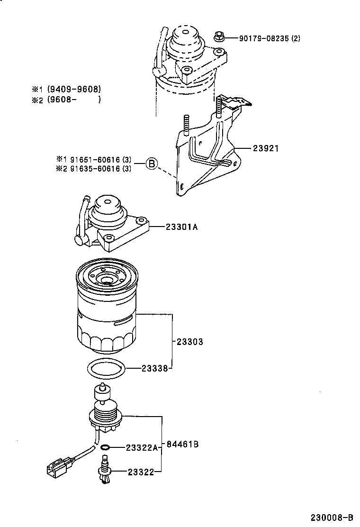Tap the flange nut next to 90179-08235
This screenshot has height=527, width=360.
click(220, 36)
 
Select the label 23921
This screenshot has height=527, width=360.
click(265, 148)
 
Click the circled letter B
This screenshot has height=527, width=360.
click(151, 164)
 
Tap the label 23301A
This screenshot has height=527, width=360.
click(181, 227)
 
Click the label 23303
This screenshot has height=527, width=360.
click(189, 341)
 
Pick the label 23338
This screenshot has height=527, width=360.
click(154, 368)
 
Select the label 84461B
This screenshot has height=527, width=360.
click(182, 444)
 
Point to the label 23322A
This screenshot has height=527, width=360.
click(142, 447)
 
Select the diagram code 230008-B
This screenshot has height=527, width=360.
click(332, 517)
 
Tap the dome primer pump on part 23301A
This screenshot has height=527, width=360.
click(108, 209)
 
